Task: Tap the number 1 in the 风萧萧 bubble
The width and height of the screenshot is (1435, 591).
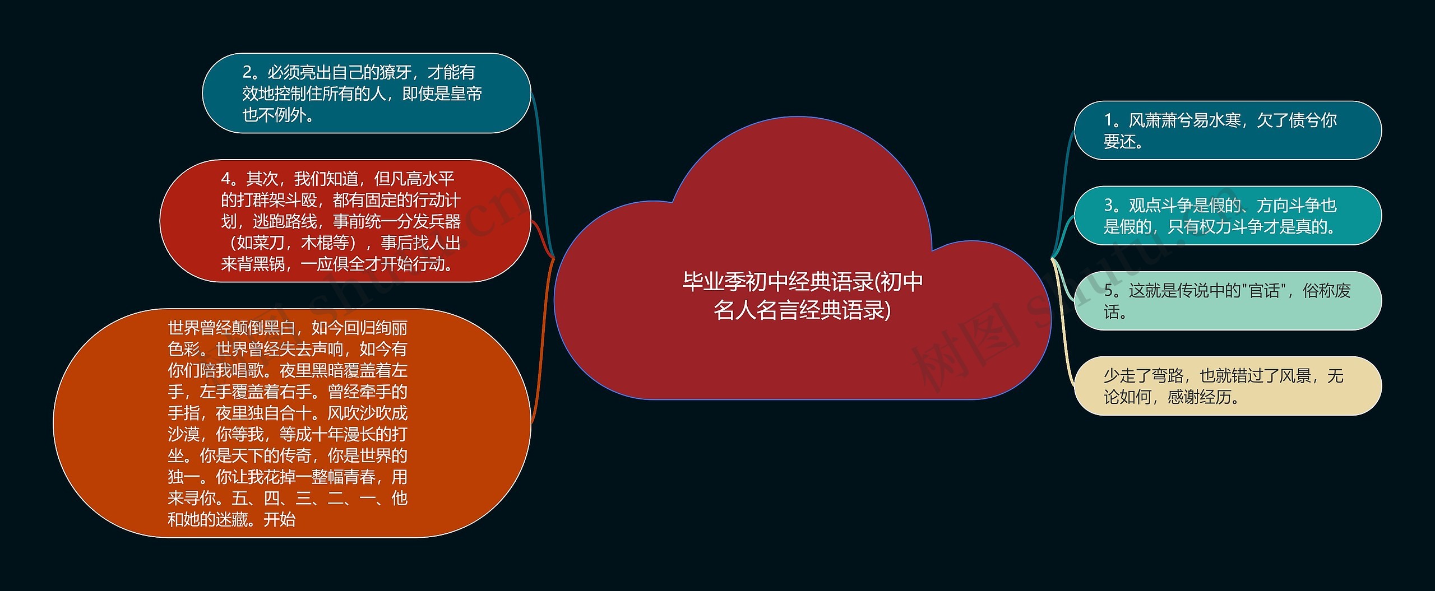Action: [1108, 120]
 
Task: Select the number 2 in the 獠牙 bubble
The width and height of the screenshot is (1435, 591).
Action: [248, 72]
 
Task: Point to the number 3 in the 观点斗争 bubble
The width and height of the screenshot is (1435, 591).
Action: [1108, 206]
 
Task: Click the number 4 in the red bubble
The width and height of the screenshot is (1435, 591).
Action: [226, 179]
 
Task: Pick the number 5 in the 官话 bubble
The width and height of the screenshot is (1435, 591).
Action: [1108, 291]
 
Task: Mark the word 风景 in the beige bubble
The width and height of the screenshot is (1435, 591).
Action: [1295, 376]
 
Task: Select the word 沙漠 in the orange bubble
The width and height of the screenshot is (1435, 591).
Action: [183, 435]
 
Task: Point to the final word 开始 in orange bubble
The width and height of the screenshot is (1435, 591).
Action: [279, 520]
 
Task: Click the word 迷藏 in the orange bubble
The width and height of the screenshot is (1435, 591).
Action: [232, 520]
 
